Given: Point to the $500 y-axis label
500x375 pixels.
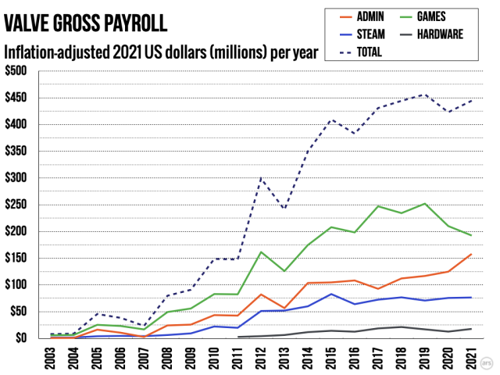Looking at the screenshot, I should click(x=16, y=71).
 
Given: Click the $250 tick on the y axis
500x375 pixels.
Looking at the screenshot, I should click(x=16, y=205).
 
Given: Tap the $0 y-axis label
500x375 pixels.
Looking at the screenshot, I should click(x=21, y=338).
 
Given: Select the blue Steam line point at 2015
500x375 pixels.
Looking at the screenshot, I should click(x=332, y=294).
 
